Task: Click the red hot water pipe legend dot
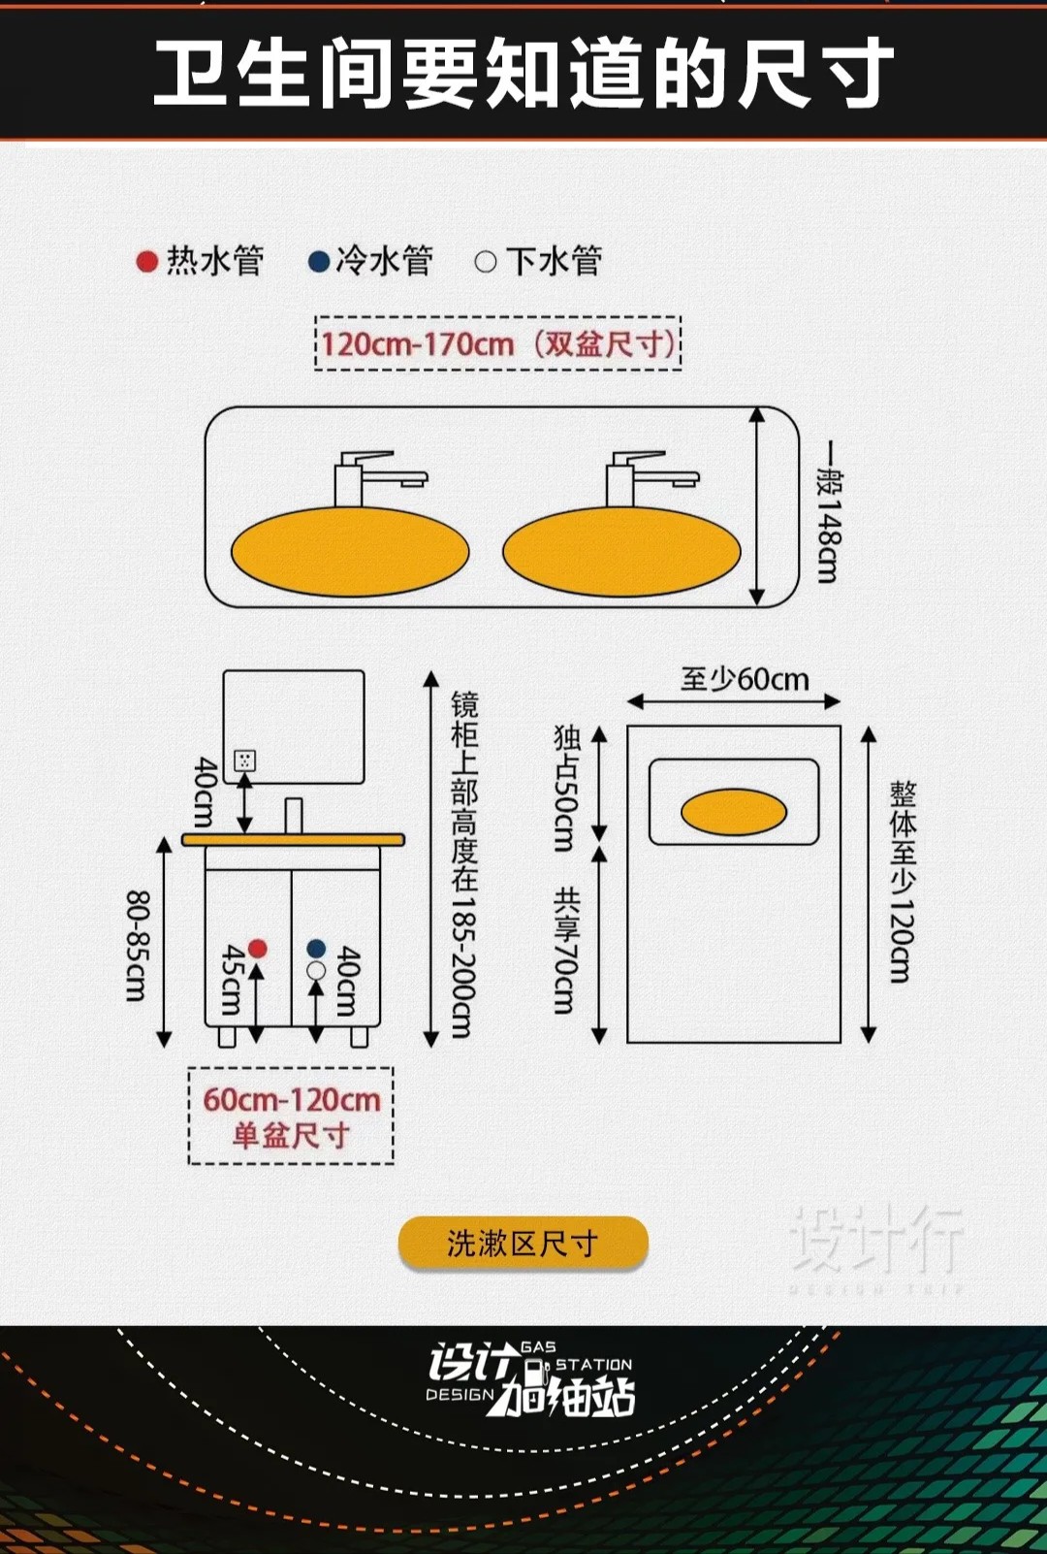pos(147,262)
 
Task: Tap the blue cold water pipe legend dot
pos(318,262)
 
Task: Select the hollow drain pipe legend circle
pos(486,262)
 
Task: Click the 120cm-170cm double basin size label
pos(498,343)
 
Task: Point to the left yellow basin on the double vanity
pos(350,551)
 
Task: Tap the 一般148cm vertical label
pos(828,512)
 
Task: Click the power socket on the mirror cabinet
pos(245,761)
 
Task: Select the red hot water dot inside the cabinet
pos(257,948)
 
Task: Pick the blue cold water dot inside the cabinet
pos(316,948)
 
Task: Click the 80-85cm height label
pos(138,946)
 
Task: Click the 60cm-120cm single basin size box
pos(291,1116)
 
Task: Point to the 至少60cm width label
pos(745,679)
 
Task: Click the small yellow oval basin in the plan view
pos(734,812)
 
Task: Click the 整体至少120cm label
pos(902,881)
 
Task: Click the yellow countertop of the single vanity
pos(293,839)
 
